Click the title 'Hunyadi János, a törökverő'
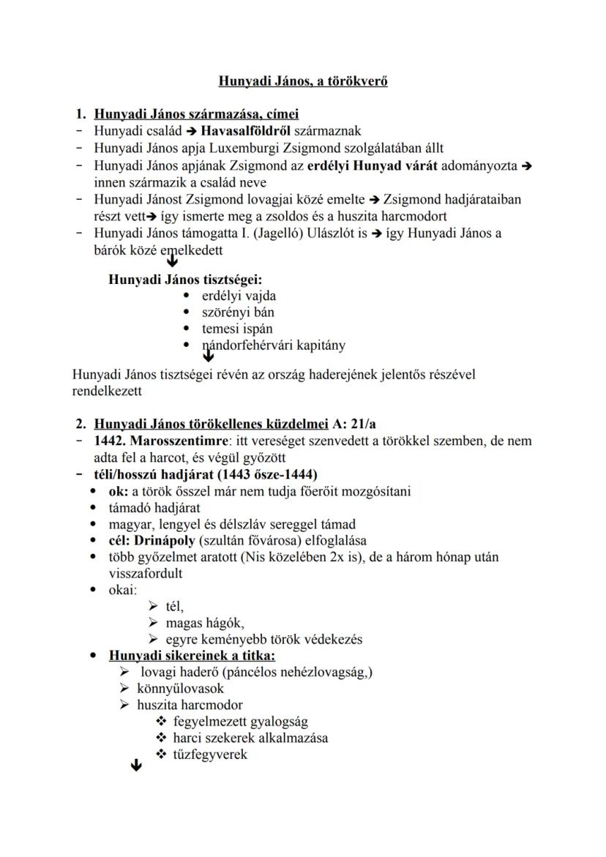[303, 81]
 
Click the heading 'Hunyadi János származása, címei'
[196, 114]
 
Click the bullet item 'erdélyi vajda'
[239, 296]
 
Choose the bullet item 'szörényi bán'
[238, 313]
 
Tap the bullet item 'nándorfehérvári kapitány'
[274, 345]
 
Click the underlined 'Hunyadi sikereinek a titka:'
[192, 655]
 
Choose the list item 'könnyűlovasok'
[180, 689]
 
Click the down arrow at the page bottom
[135, 766]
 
